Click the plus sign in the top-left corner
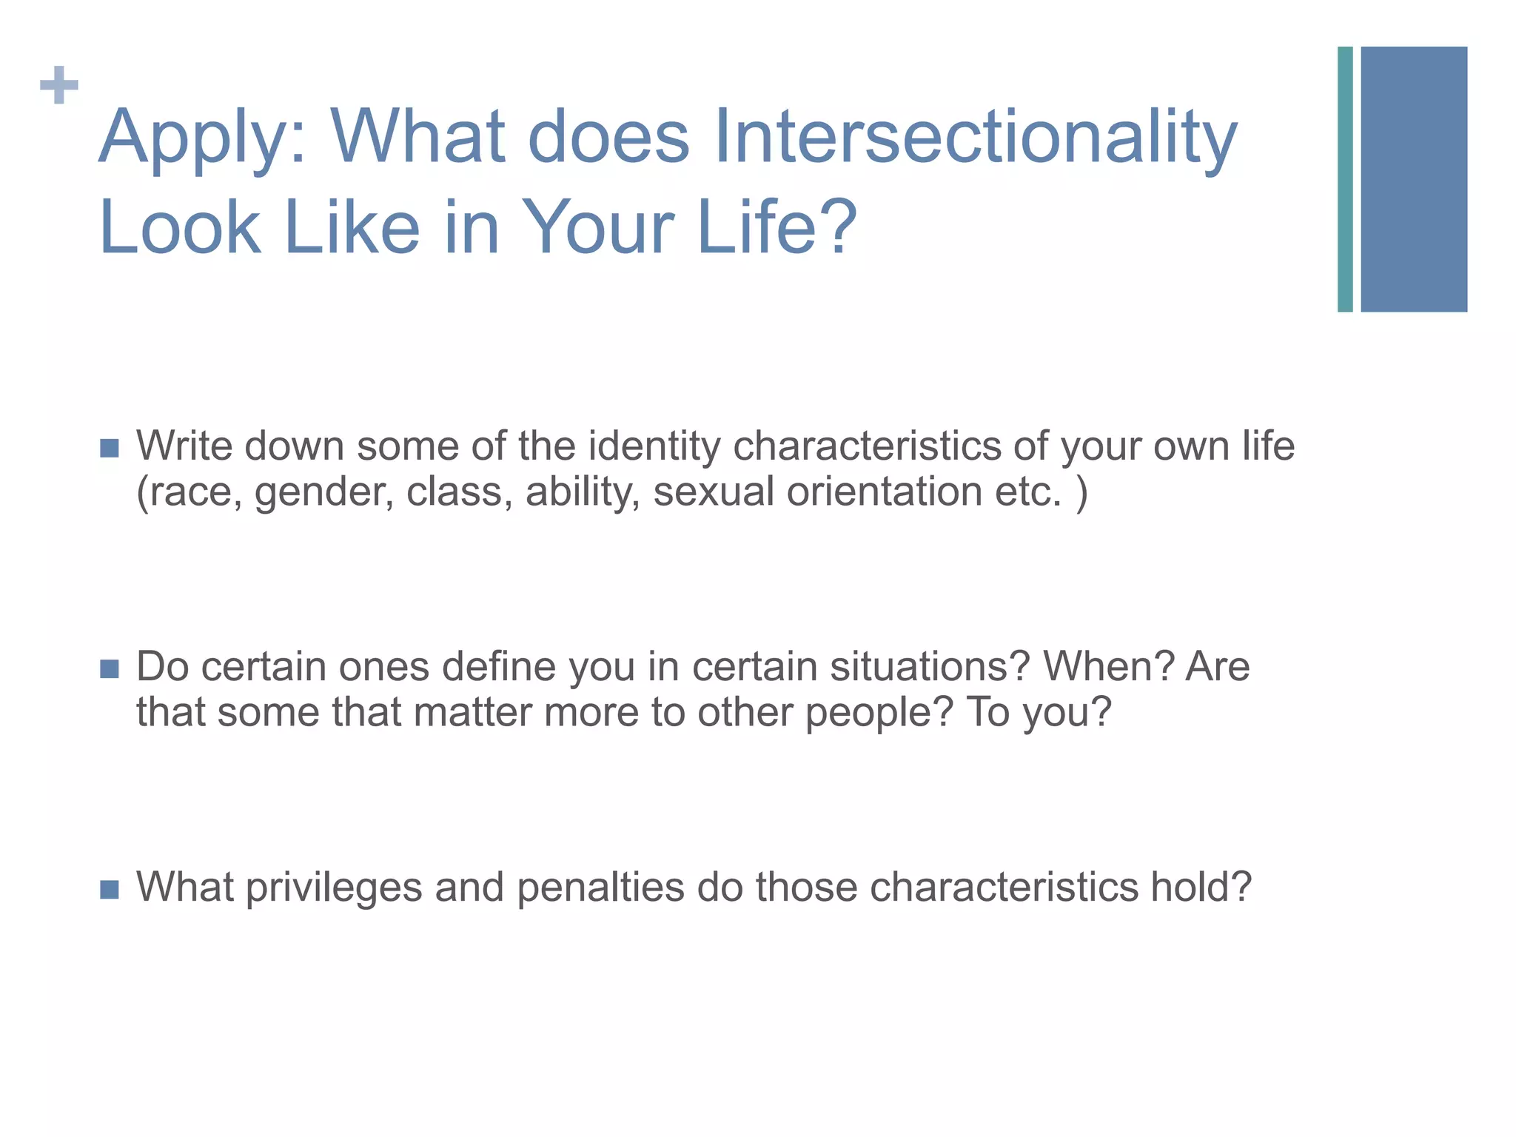coord(59,85)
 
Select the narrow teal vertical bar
coord(1345,179)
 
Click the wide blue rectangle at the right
coord(1414,179)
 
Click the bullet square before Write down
coord(110,449)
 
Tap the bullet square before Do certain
coord(110,669)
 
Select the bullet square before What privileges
coord(110,889)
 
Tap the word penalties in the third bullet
coord(600,888)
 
